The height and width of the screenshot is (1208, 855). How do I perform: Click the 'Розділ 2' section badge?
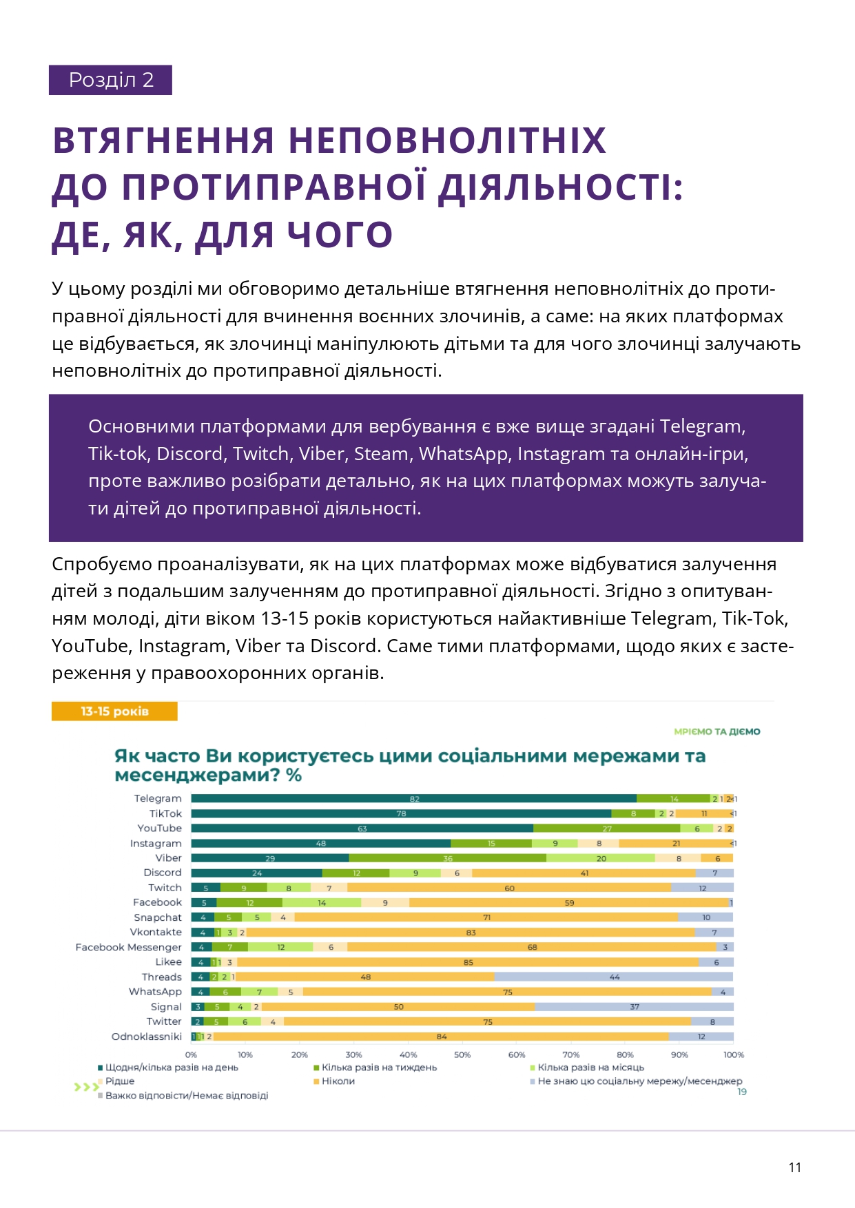pyautogui.click(x=110, y=80)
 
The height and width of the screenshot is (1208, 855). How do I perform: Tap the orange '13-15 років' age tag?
pyautogui.click(x=114, y=711)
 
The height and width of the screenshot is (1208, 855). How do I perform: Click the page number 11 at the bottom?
pyautogui.click(x=794, y=1167)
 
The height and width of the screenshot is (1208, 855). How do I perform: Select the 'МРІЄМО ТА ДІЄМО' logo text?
pyautogui.click(x=717, y=731)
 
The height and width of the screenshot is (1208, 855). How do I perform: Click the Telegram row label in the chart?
pyautogui.click(x=158, y=798)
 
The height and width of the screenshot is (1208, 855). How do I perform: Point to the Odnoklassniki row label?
pyautogui.click(x=147, y=1037)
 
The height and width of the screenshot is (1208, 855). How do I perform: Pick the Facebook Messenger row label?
pyautogui.click(x=129, y=947)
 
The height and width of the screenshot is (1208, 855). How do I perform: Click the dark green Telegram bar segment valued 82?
pyautogui.click(x=413, y=799)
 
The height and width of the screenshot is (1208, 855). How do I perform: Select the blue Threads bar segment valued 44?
pyautogui.click(x=614, y=977)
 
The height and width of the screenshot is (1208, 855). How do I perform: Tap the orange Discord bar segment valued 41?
pyautogui.click(x=584, y=873)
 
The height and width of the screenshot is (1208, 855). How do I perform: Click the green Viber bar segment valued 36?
pyautogui.click(x=448, y=858)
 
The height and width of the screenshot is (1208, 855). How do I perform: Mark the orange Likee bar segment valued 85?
pyautogui.click(x=468, y=962)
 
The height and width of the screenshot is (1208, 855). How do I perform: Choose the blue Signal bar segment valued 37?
pyautogui.click(x=634, y=1007)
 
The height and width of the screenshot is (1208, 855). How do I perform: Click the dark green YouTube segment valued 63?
pyautogui.click(x=362, y=829)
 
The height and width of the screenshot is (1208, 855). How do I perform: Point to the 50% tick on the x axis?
pyautogui.click(x=462, y=1054)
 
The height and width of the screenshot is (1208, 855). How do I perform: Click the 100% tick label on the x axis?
pyautogui.click(x=734, y=1054)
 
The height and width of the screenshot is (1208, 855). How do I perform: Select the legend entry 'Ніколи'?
pyautogui.click(x=338, y=1081)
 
